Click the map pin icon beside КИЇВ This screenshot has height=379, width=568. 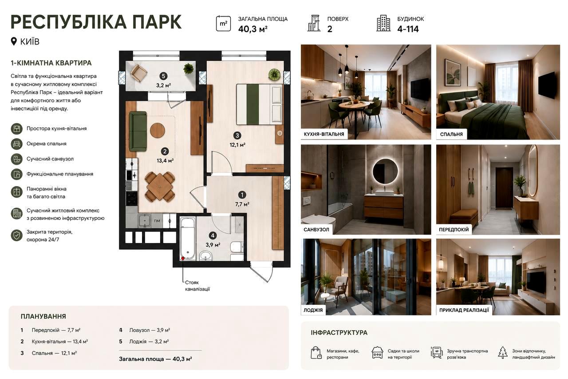(14, 41)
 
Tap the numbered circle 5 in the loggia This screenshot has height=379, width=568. (164, 76)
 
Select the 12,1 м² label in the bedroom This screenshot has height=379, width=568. (237, 145)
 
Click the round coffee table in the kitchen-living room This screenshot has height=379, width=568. (158, 131)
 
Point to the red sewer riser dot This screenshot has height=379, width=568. (182, 259)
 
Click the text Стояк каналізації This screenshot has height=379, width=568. (197, 286)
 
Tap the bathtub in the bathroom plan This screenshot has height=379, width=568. (188, 239)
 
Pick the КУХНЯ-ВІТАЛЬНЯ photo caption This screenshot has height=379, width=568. (324, 134)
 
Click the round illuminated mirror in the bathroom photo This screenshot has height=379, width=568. (385, 172)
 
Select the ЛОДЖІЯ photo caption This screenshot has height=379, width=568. (313, 310)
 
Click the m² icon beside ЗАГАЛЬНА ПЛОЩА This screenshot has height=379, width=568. (223, 24)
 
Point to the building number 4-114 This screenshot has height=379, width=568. (408, 29)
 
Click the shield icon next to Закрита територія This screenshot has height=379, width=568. (17, 235)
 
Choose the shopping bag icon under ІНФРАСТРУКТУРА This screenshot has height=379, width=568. (316, 353)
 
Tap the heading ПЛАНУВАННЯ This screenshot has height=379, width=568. (43, 316)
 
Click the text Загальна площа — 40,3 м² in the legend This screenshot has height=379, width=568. (155, 359)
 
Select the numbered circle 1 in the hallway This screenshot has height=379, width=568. (242, 195)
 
